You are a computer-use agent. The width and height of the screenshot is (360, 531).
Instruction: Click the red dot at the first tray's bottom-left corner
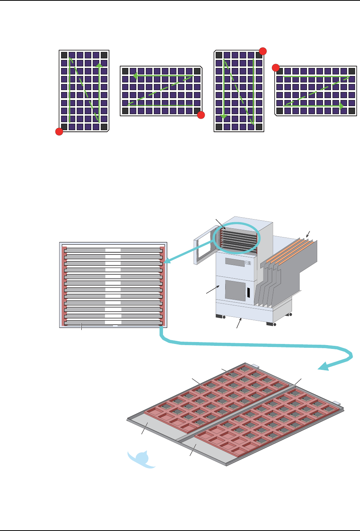point(59,132)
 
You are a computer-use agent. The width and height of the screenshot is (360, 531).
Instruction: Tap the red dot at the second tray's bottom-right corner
point(201,115)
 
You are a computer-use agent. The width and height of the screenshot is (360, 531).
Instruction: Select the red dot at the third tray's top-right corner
point(263,51)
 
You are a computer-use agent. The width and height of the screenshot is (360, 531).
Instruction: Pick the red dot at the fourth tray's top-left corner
point(276,68)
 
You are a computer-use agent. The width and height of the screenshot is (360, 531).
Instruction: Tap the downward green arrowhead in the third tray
point(224,116)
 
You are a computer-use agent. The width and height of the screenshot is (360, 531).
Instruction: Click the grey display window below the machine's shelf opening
point(234,262)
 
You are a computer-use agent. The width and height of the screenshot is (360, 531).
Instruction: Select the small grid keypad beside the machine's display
point(248,263)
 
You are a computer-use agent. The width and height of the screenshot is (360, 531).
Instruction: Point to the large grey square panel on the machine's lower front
point(235,290)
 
